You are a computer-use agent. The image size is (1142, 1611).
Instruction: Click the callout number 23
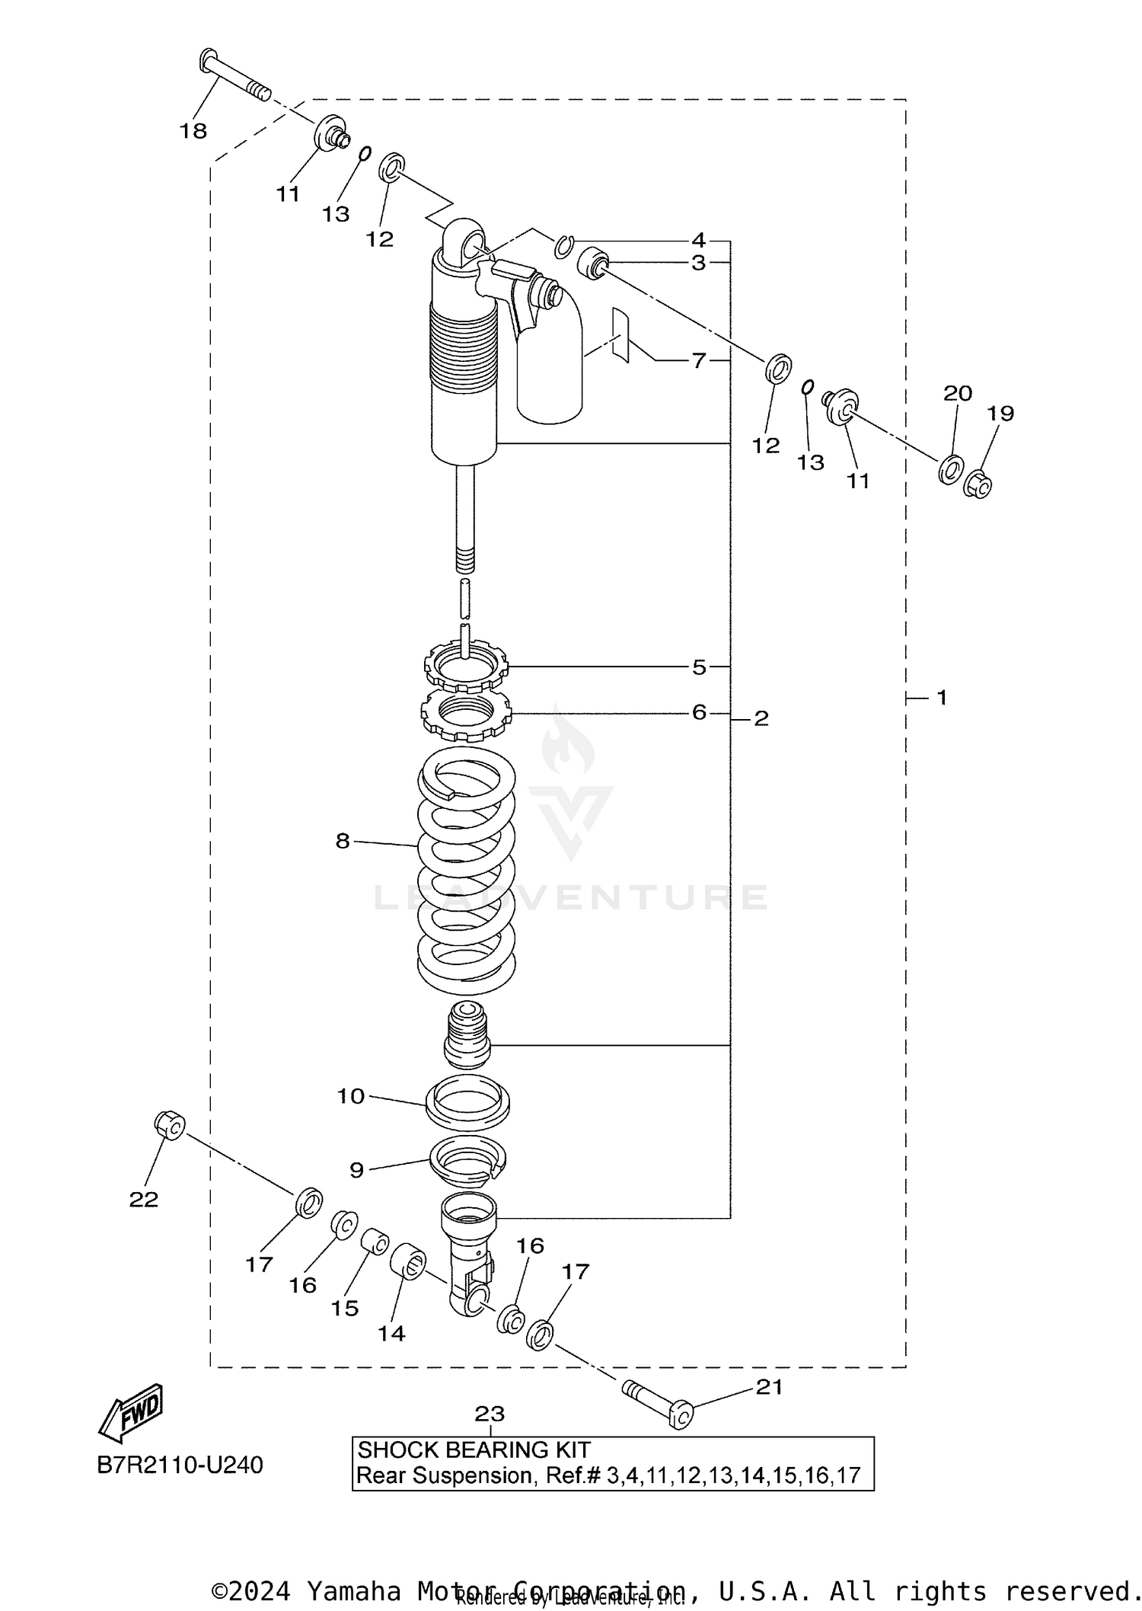490,1414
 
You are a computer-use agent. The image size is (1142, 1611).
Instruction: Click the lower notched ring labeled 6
465,716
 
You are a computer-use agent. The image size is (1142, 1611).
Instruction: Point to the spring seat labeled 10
467,1102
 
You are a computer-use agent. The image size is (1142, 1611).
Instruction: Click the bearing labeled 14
408,1261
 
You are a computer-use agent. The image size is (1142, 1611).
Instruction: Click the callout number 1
942,697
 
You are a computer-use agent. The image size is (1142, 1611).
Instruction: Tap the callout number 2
761,718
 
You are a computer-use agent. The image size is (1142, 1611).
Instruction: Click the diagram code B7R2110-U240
180,1465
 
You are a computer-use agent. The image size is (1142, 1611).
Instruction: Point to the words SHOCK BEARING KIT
474,1450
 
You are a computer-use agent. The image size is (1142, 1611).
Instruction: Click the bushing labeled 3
593,263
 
